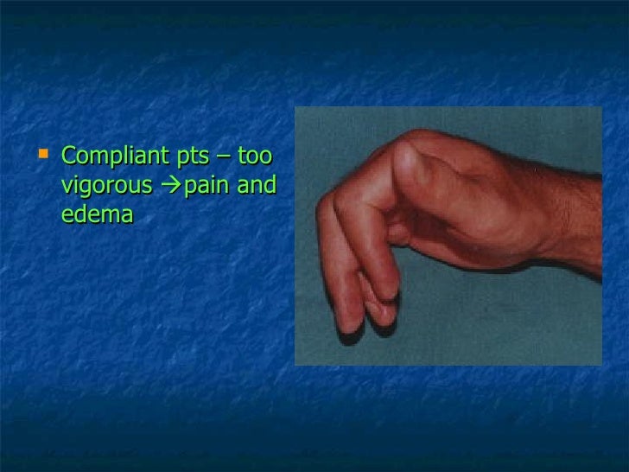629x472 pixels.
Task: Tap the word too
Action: coord(257,158)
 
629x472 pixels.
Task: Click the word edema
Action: coord(97,213)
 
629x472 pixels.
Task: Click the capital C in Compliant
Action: coord(70,158)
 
